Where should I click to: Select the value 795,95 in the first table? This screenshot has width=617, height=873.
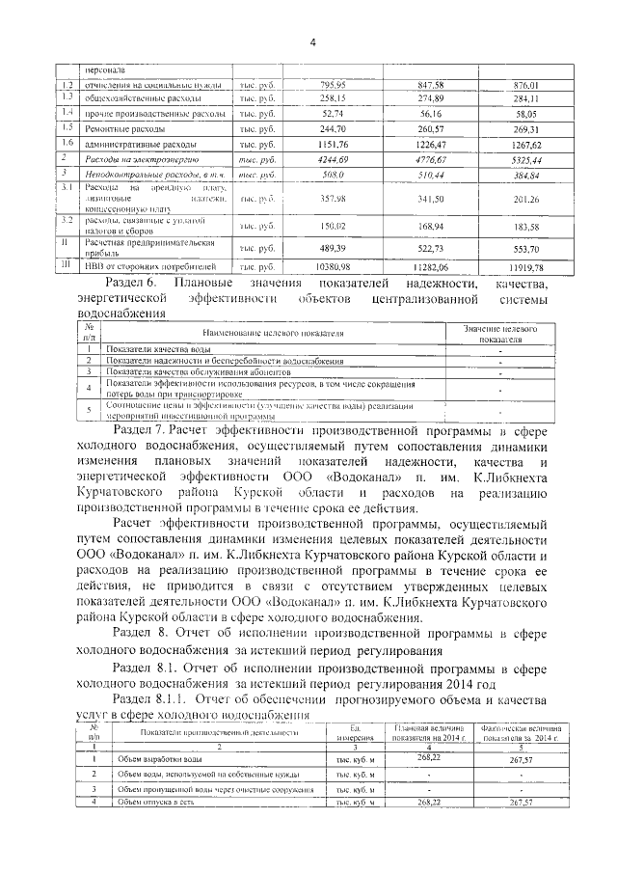coord(332,84)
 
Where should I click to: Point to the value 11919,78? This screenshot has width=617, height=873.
coord(525,266)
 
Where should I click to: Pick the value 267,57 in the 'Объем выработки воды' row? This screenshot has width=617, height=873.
coord(520,758)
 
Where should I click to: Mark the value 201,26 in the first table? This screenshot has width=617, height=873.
coord(526,199)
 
